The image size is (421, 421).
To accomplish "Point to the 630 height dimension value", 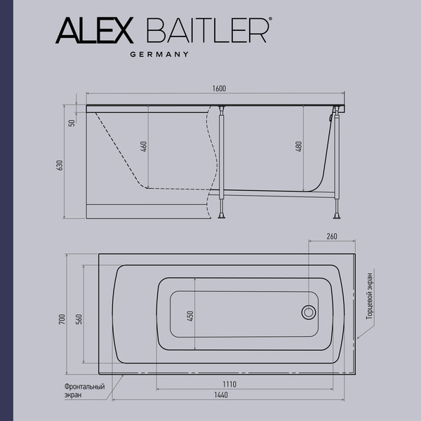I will point(60,165).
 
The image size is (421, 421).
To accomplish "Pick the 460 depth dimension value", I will point(142,147).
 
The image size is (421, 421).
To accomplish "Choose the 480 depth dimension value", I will point(298,147).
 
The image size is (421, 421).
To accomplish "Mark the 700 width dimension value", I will point(62,319).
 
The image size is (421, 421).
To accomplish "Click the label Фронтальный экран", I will point(83,390).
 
